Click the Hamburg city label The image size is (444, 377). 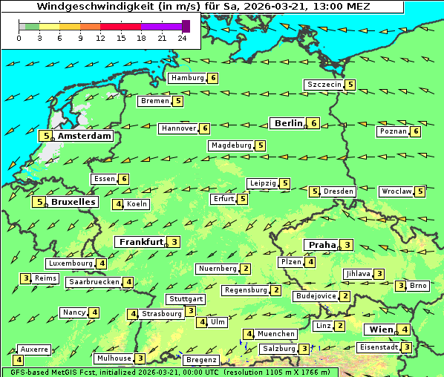click(x=187, y=78)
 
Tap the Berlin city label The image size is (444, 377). click(x=287, y=123)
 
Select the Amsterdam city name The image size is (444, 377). click(x=84, y=136)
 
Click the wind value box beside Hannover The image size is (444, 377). click(x=205, y=128)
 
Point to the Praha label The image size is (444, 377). click(x=321, y=245)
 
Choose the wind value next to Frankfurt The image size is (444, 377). click(x=174, y=242)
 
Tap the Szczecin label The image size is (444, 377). click(x=324, y=85)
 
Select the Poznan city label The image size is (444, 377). click(x=393, y=131)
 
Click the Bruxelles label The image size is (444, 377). click(x=73, y=202)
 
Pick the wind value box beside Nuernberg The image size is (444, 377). click(x=246, y=269)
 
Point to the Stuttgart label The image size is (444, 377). click(x=185, y=299)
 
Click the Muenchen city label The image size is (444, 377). click(x=276, y=334)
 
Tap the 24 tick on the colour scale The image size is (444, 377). click(x=181, y=38)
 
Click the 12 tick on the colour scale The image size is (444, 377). click(x=100, y=38)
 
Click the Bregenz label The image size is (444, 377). click(x=201, y=359)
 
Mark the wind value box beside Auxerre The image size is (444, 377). click(x=18, y=360)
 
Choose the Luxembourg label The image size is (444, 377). click(x=71, y=263)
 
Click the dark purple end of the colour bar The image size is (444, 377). click(x=186, y=26)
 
